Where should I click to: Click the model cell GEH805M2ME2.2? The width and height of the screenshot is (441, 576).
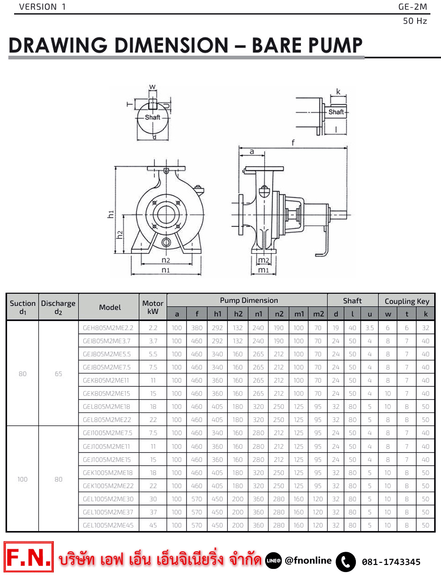(108, 328)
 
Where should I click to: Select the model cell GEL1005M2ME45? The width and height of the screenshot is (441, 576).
(108, 525)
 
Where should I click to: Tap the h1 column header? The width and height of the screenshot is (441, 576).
(217, 314)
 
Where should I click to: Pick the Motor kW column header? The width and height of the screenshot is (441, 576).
(153, 307)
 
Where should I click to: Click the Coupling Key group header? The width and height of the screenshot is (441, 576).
(407, 301)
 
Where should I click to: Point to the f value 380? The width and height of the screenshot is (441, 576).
(197, 328)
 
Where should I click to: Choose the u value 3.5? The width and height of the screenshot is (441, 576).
(370, 328)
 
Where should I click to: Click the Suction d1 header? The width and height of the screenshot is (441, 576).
(22, 307)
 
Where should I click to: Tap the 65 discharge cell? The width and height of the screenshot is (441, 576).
(58, 374)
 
